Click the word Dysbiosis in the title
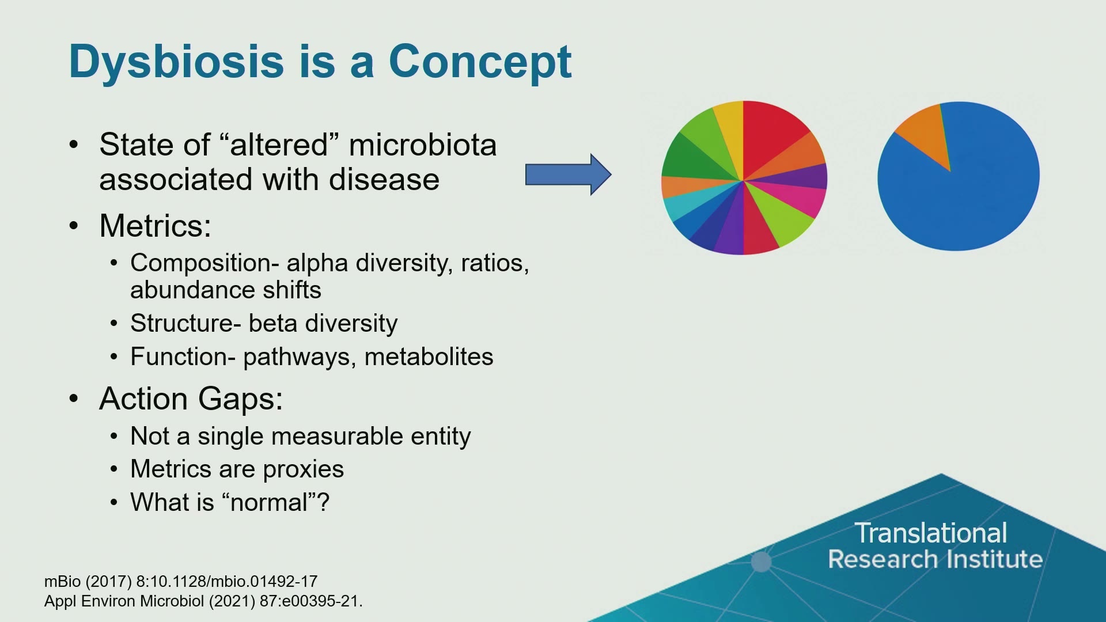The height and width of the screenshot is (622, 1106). [x=177, y=62]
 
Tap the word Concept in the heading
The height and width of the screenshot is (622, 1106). [x=480, y=62]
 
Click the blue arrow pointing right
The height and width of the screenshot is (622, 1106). [x=568, y=175]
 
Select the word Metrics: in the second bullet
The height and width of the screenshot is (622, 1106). [x=155, y=226]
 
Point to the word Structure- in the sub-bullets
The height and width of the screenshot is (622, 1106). [x=185, y=323]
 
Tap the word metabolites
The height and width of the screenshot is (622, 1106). [x=429, y=357]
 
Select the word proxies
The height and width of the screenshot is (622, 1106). [x=303, y=470]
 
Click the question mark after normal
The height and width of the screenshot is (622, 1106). [x=324, y=502]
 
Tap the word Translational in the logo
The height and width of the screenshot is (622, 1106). [x=931, y=533]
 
